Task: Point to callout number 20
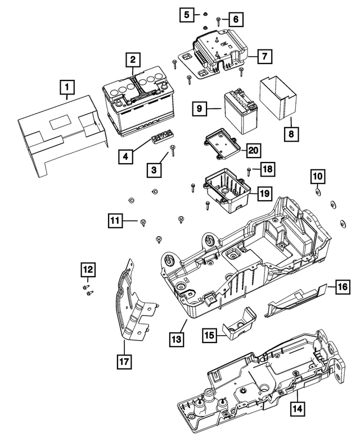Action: [254, 150]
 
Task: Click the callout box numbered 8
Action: [291, 134]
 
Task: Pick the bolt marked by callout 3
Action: [173, 149]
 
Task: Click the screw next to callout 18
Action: [249, 170]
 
